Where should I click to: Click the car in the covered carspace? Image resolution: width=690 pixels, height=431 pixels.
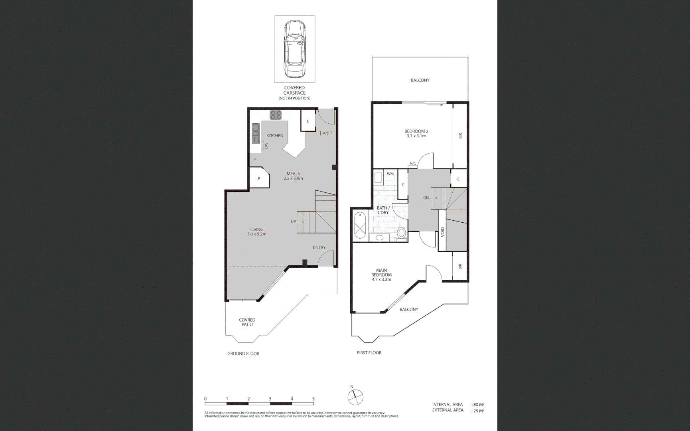pyautogui.click(x=295, y=49)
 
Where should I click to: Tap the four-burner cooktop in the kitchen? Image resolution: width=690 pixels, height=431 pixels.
pyautogui.click(x=275, y=115)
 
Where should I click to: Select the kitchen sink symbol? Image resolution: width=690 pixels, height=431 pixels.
pyautogui.click(x=256, y=134)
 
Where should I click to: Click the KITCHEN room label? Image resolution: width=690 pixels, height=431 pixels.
pyautogui.click(x=275, y=136)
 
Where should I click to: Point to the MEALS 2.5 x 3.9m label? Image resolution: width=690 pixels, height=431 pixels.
pyautogui.click(x=293, y=176)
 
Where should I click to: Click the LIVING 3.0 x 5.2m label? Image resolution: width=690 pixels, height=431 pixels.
pyautogui.click(x=256, y=232)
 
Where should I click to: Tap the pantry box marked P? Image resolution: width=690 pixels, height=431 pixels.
pyautogui.click(x=259, y=178)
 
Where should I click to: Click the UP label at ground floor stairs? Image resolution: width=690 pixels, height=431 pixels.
pyautogui.click(x=293, y=221)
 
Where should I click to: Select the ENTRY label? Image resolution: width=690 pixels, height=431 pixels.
pyautogui.click(x=319, y=247)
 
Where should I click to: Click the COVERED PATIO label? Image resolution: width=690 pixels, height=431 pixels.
pyautogui.click(x=247, y=322)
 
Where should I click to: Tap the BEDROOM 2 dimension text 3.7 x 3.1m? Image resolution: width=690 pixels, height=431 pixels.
pyautogui.click(x=416, y=136)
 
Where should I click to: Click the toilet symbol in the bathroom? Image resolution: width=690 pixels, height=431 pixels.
pyautogui.click(x=401, y=232)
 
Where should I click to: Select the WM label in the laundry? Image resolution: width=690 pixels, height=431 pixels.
pyautogui.click(x=390, y=174)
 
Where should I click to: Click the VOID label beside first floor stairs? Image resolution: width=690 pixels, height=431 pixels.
pyautogui.click(x=442, y=232)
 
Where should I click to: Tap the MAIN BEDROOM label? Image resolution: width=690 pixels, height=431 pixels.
pyautogui.click(x=381, y=273)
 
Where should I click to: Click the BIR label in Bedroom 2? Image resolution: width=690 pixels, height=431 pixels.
pyautogui.click(x=460, y=136)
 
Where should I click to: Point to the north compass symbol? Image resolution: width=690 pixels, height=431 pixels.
pyautogui.click(x=355, y=396)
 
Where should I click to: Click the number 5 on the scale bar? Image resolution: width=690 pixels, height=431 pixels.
pyautogui.click(x=313, y=399)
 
